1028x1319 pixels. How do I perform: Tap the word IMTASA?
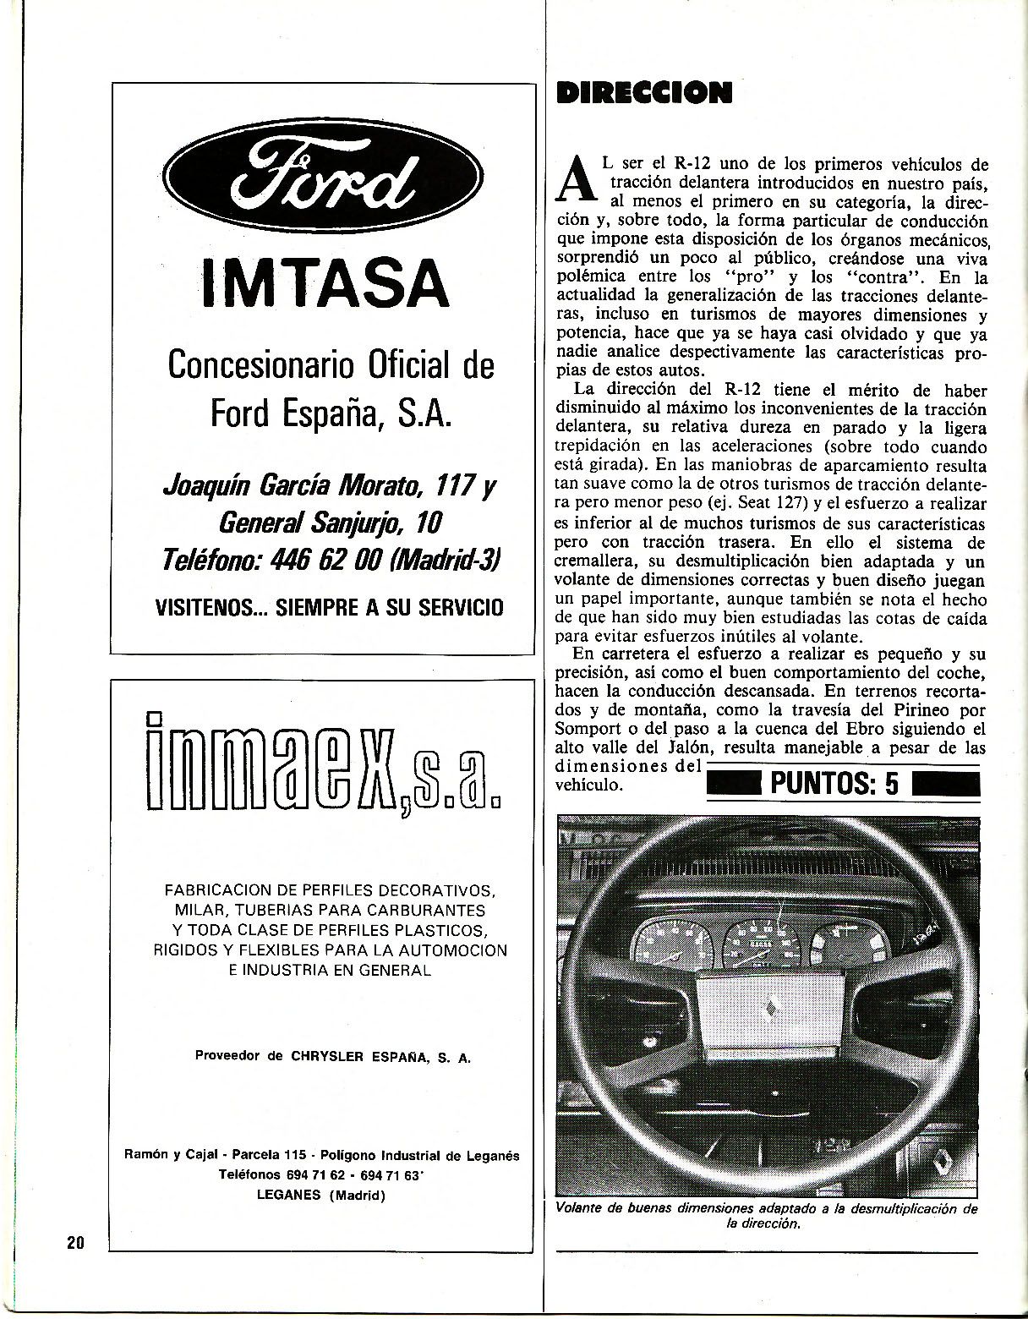click(324, 283)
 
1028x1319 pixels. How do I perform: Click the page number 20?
click(74, 1242)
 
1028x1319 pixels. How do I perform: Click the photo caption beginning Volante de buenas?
click(766, 1216)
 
